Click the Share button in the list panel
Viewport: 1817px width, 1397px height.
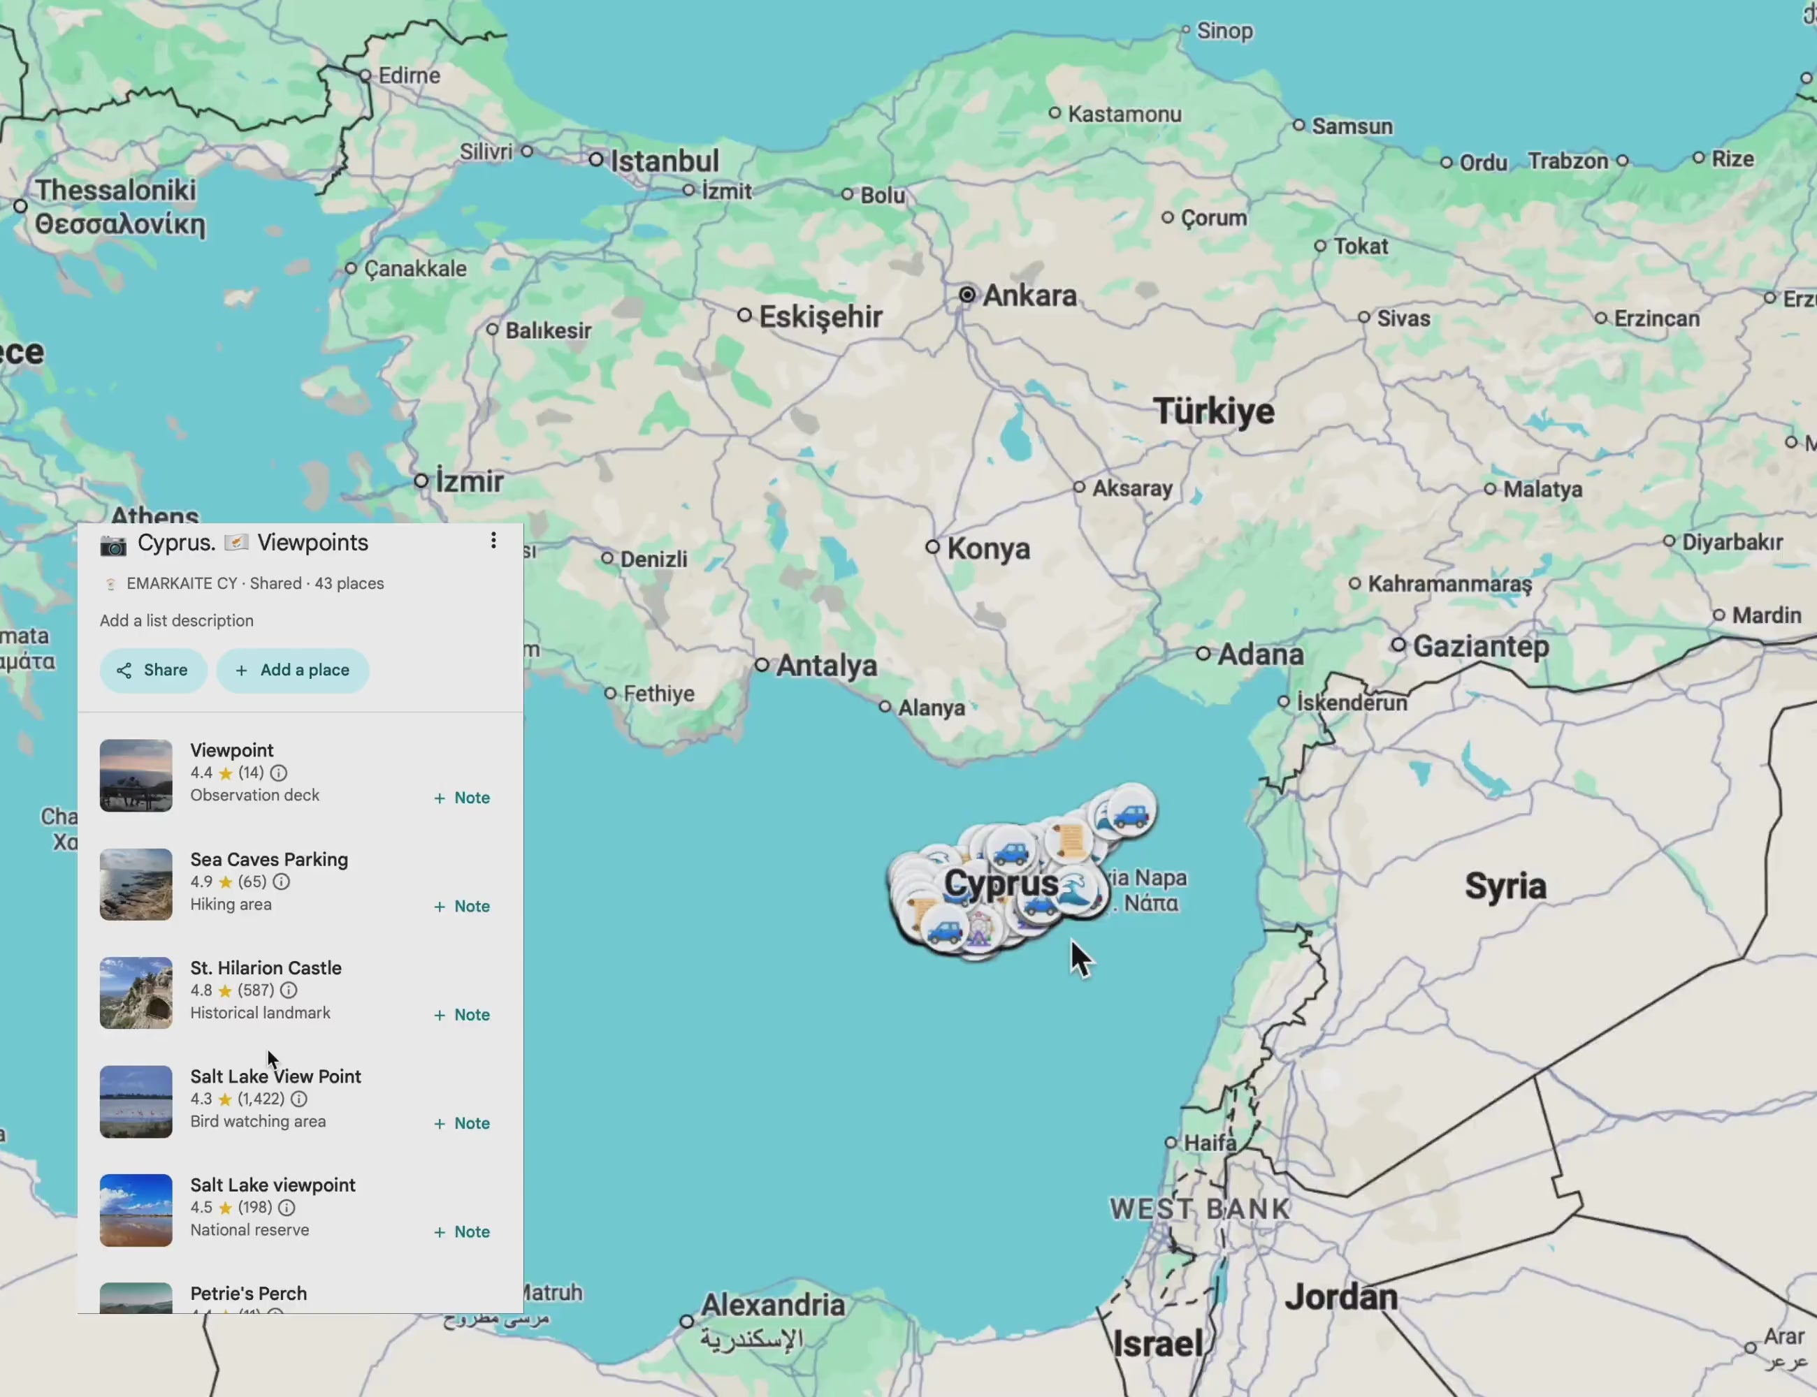[x=153, y=671]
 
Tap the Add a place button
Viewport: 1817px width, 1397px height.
[x=293, y=671]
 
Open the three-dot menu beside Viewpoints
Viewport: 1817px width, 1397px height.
[x=493, y=541]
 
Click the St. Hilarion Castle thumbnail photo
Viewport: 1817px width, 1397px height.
[x=136, y=993]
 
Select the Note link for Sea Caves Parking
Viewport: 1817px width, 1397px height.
[x=462, y=907]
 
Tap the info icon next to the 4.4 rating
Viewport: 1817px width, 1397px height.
[x=279, y=773]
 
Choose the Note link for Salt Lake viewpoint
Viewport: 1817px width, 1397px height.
[x=462, y=1231]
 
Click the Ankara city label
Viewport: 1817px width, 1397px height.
[x=1029, y=295]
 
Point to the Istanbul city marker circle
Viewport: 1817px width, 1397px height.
[x=595, y=160]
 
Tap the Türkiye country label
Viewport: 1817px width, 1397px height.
[x=1213, y=411]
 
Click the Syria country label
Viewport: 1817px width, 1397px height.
[x=1505, y=886]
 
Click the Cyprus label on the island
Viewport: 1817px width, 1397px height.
[x=1000, y=883]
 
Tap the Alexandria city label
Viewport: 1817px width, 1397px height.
[x=772, y=1305]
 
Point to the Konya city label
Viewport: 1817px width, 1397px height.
[x=988, y=549]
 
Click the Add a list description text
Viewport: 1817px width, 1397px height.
[x=176, y=620]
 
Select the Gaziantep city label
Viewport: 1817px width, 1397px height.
[x=1481, y=646]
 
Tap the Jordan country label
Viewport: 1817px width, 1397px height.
[x=1341, y=1297]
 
